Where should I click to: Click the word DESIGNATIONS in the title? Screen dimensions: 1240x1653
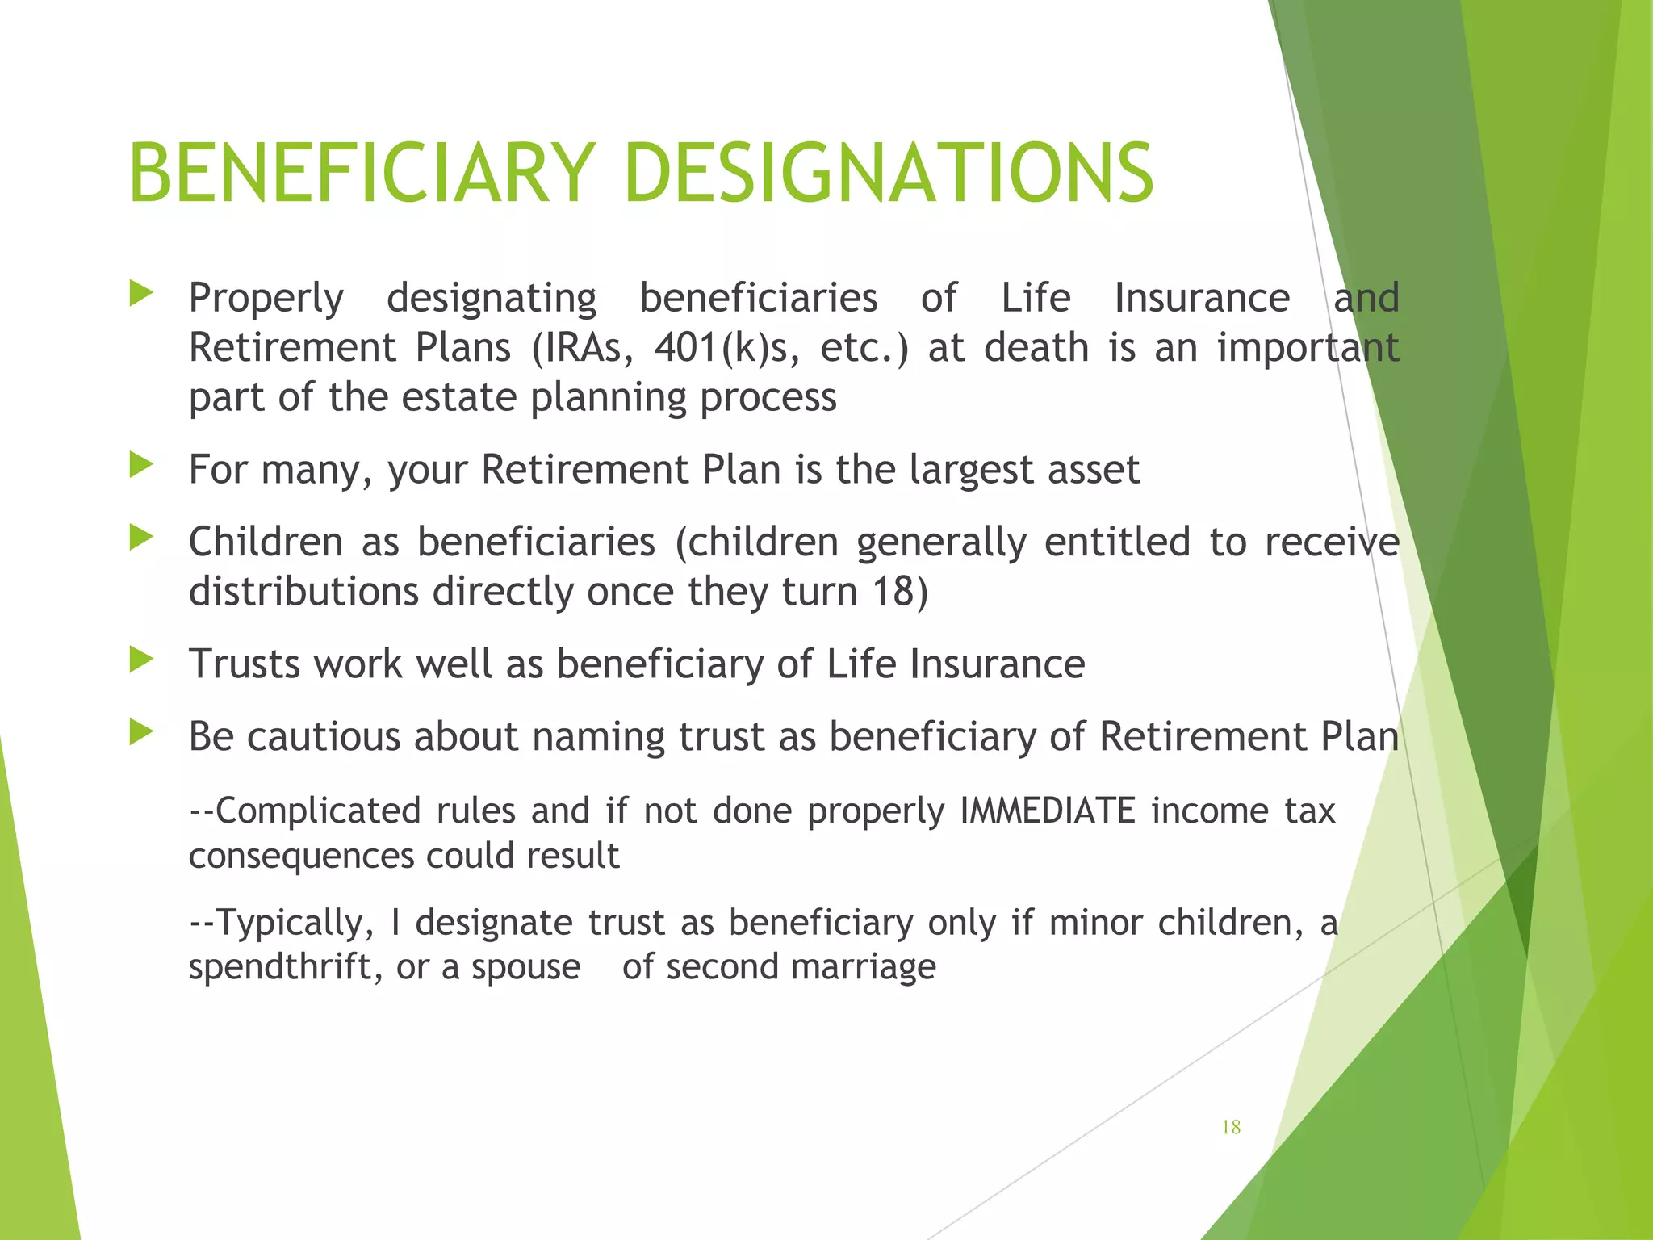click(x=889, y=173)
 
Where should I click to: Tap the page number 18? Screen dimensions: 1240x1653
click(x=1230, y=1127)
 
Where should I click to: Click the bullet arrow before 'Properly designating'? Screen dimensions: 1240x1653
click(x=141, y=294)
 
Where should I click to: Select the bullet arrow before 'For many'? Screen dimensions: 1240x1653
click(x=141, y=465)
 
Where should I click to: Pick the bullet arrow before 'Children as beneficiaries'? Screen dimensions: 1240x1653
click(x=141, y=538)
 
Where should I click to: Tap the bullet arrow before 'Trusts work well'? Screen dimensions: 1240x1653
click(x=141, y=660)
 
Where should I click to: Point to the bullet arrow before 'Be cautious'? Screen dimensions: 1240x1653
click(x=141, y=732)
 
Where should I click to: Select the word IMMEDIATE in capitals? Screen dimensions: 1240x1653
click(x=1048, y=811)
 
